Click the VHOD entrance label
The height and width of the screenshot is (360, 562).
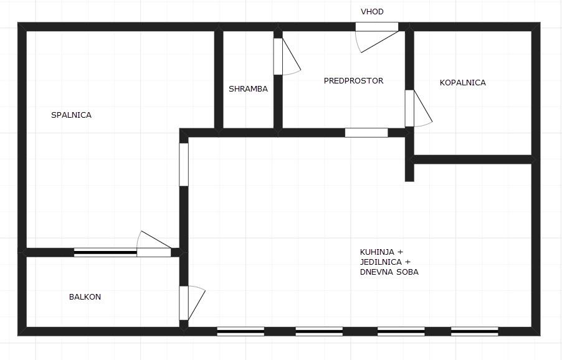[372, 12]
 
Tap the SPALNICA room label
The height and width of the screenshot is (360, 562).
[71, 115]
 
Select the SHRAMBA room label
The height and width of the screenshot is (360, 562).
[248, 89]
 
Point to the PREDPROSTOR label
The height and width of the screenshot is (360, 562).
[353, 81]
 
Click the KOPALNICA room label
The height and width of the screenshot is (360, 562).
[462, 83]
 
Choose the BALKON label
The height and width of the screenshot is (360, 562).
[85, 297]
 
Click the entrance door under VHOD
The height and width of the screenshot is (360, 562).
[376, 27]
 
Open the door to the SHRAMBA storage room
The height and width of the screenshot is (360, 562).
[278, 57]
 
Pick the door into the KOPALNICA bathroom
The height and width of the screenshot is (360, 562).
[409, 108]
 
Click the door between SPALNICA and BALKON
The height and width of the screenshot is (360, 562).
[154, 252]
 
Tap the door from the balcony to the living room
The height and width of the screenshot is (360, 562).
[184, 303]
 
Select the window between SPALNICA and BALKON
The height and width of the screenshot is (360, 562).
[105, 252]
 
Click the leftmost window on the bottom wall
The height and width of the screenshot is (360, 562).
[241, 331]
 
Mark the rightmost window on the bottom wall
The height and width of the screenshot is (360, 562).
[474, 331]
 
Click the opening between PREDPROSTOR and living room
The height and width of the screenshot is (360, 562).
[366, 133]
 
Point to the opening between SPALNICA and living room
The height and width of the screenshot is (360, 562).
[184, 165]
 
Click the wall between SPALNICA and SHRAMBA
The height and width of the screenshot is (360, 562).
[219, 78]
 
